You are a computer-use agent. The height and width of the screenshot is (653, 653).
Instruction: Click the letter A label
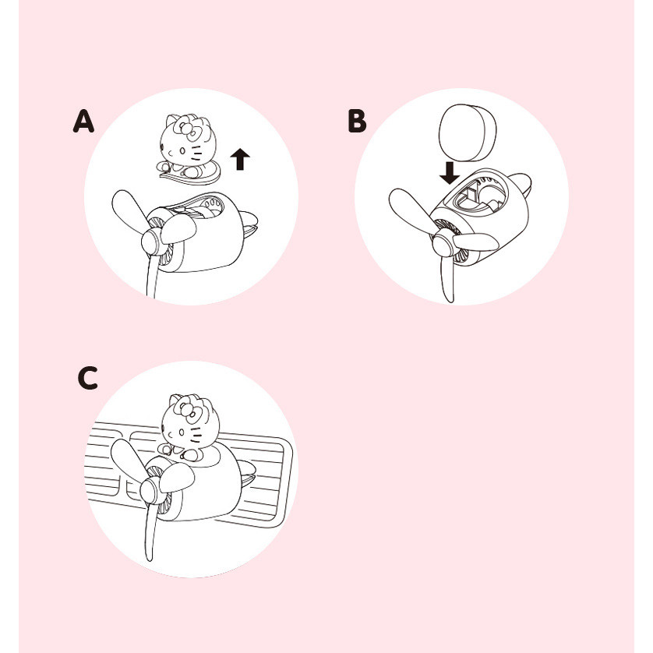83,122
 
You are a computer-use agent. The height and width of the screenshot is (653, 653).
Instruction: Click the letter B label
358,122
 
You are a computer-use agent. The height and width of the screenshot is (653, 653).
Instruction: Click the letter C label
88,378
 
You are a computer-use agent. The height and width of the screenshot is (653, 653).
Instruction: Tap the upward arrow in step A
240,159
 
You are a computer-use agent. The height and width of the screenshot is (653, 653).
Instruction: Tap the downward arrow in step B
450,173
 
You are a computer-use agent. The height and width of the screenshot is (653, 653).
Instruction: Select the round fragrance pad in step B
468,132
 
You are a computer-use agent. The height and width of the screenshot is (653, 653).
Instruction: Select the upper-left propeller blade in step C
128,461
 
